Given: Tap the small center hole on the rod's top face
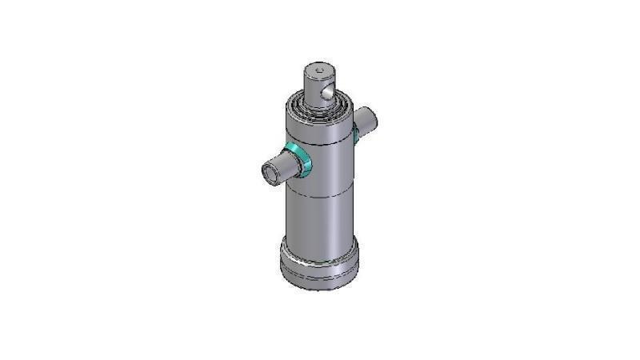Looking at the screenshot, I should pos(319,74).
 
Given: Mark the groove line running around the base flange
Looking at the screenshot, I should pos(318,272).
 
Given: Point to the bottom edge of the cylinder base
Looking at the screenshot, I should pos(318,288).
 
